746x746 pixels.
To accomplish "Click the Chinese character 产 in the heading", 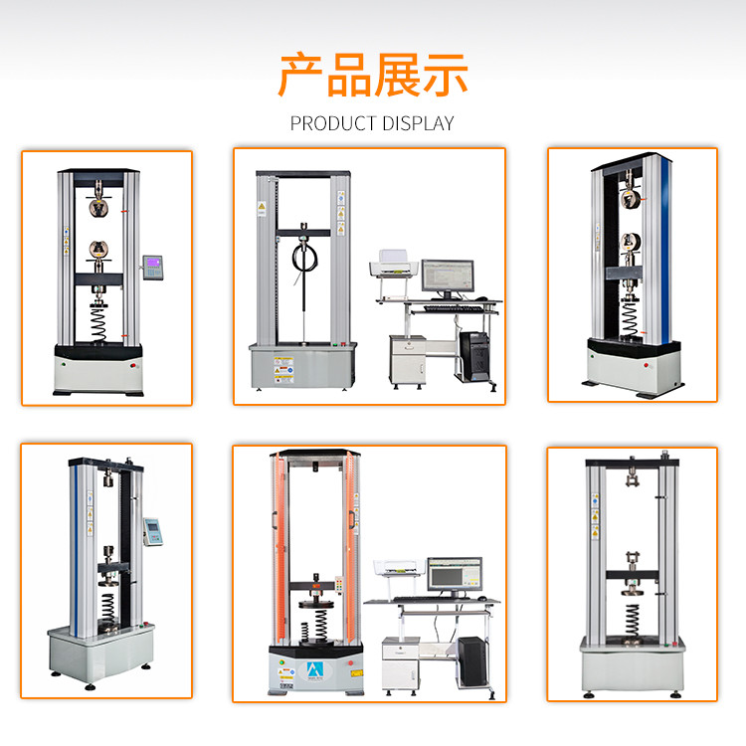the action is [300, 75].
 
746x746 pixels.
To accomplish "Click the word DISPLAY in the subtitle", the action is [418, 123].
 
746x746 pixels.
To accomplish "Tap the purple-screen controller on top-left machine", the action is [153, 267].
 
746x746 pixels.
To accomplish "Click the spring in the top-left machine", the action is [98, 324].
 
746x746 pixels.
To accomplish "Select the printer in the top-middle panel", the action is [393, 263].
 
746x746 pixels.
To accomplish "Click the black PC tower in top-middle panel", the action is [474, 355].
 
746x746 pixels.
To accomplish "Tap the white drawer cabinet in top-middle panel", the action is [408, 359].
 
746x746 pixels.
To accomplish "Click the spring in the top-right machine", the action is [630, 318].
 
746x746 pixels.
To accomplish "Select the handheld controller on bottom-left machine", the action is [153, 531].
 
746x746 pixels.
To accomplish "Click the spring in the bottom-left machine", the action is [108, 608].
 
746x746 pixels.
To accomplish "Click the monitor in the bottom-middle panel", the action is [455, 576].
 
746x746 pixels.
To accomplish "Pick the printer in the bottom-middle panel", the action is [397, 569].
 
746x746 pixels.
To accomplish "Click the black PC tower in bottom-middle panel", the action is [472, 660].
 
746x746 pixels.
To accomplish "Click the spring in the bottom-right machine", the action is [633, 619].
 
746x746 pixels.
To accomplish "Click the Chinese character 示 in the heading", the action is [446, 75].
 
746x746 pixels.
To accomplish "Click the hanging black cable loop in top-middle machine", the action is [304, 258].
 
